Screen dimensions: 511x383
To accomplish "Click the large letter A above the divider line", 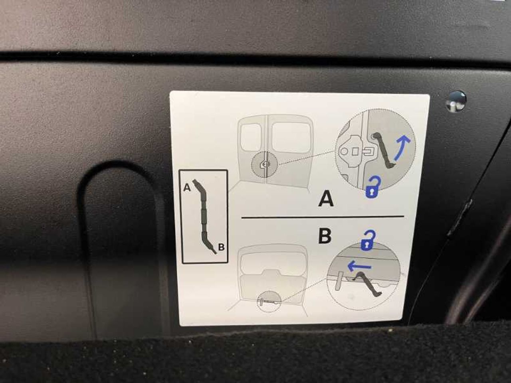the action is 326,199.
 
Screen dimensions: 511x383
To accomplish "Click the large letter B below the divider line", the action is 325,236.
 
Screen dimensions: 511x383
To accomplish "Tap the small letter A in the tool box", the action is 187,187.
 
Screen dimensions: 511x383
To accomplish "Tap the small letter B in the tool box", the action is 221,247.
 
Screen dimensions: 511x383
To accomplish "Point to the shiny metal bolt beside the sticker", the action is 456,101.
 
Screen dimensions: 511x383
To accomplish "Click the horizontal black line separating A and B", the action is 323,217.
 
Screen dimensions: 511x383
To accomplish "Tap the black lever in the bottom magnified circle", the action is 368,284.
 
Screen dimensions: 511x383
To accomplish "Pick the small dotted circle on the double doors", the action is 264,164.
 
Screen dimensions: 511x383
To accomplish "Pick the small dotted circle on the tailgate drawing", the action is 269,301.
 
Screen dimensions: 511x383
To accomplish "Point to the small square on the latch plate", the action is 355,151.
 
